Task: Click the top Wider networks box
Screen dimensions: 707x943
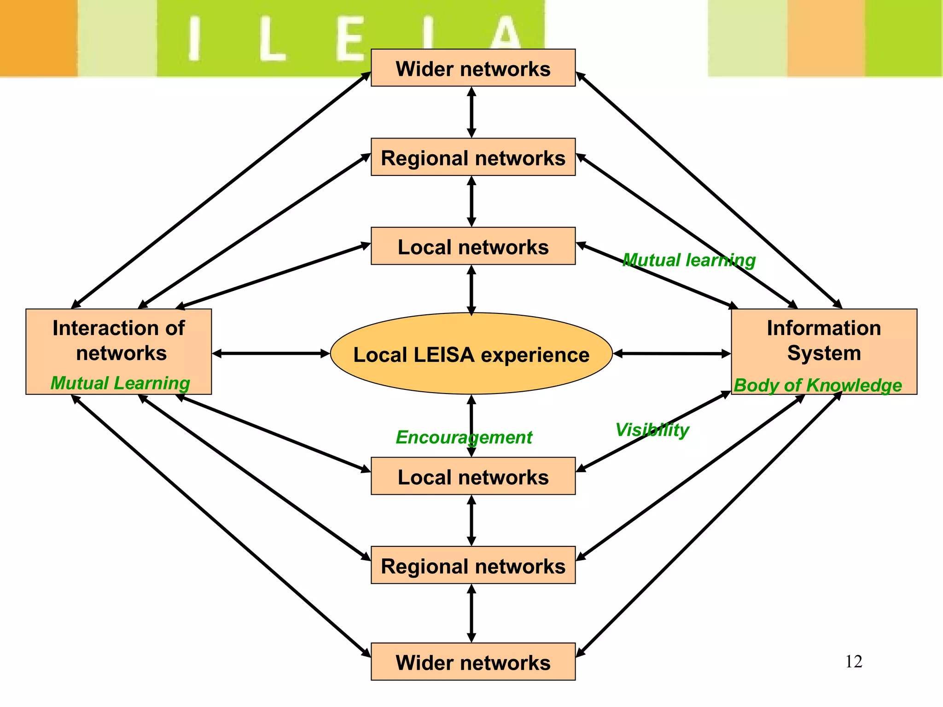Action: [x=473, y=68]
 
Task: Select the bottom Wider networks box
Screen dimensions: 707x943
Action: [x=473, y=662]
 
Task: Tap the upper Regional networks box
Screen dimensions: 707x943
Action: [x=473, y=157]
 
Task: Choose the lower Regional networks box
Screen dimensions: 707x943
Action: [x=473, y=565]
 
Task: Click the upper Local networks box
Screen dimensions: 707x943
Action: [x=473, y=246]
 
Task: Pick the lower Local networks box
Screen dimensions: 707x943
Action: [x=473, y=476]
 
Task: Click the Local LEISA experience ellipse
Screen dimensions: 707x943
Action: [x=471, y=354]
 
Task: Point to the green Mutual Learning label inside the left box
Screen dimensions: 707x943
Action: [x=120, y=383]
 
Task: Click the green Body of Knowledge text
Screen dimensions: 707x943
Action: [x=818, y=385]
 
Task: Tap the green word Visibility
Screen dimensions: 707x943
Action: [x=652, y=429]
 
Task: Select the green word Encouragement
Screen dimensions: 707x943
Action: [x=464, y=437]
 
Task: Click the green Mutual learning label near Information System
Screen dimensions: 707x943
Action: [x=689, y=260]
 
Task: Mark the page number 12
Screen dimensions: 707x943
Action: [x=854, y=661]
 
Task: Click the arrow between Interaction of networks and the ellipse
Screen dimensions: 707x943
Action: [x=271, y=353]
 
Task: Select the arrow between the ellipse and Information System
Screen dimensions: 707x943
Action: [x=672, y=353]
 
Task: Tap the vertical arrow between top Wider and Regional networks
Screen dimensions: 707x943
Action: [x=471, y=112]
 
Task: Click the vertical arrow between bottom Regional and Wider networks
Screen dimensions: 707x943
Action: [x=471, y=613]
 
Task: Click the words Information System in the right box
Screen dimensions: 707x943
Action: [x=824, y=341]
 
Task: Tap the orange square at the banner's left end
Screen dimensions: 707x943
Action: [x=38, y=38]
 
